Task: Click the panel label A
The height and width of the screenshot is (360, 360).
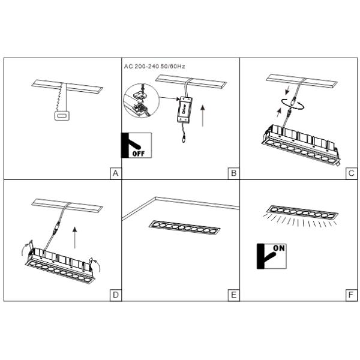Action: [x=115, y=173]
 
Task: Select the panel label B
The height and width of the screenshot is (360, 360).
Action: [x=234, y=173]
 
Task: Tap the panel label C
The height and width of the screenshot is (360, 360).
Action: [x=352, y=173]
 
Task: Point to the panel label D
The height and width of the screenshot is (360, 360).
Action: [x=115, y=295]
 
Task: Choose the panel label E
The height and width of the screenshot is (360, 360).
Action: [x=234, y=295]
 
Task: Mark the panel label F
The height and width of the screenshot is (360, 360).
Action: [x=351, y=295]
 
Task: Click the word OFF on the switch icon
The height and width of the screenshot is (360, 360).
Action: [x=139, y=154]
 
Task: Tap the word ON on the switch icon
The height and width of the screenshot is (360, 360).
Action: [x=279, y=248]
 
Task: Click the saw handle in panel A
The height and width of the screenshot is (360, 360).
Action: [x=62, y=116]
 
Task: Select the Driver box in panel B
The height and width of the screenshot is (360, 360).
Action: [x=185, y=110]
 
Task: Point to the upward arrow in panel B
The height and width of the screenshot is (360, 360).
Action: [x=203, y=115]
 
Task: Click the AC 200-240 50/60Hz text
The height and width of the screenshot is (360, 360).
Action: [x=155, y=67]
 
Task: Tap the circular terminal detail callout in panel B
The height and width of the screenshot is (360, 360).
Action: [x=142, y=101]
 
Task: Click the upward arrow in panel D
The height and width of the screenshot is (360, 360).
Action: [x=74, y=238]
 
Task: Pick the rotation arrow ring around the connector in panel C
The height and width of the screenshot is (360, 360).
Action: [x=293, y=104]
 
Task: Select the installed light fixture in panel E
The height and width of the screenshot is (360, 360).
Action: [x=185, y=228]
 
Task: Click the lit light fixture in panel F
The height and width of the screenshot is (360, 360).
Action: [x=302, y=212]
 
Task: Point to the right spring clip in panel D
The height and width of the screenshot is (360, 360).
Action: [x=91, y=263]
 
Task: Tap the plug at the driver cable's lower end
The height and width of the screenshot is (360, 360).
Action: [x=184, y=139]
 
